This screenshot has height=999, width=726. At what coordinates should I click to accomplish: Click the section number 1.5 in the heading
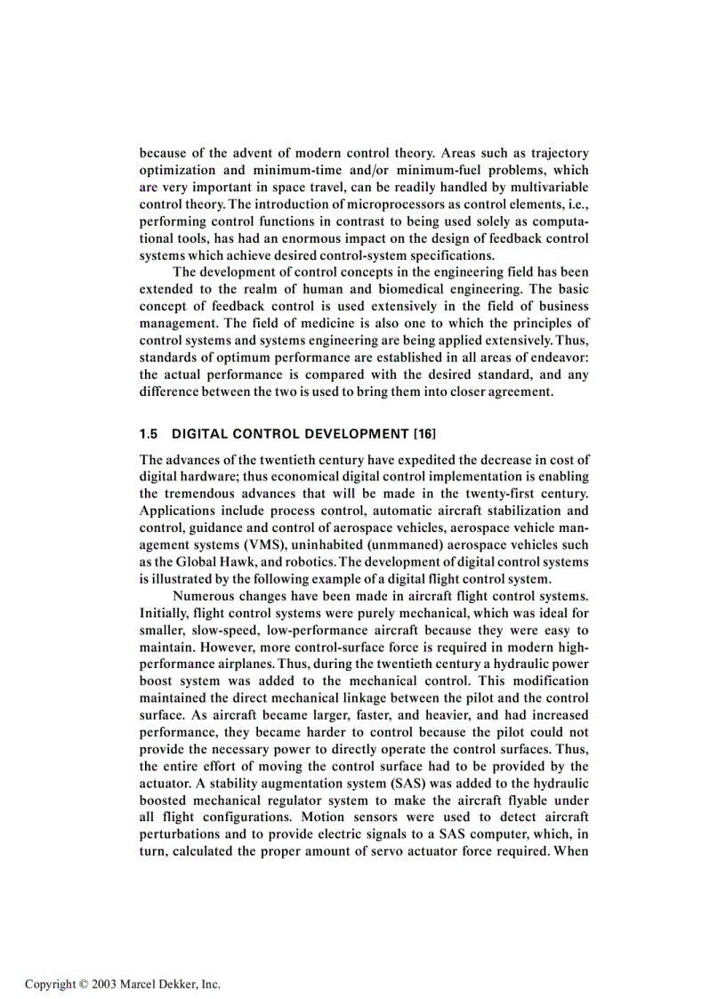point(149,434)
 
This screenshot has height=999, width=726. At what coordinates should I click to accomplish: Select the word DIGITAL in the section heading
point(200,434)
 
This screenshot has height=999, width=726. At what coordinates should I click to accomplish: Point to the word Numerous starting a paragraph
point(205,595)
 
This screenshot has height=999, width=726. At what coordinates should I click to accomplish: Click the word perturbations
point(183,834)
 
